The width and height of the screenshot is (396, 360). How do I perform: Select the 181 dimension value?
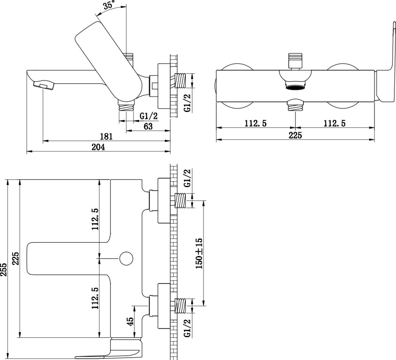click(106, 136)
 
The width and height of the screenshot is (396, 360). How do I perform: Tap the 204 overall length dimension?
click(98, 147)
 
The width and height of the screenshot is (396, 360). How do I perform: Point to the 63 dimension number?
click(148, 126)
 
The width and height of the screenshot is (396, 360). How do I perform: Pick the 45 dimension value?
click(130, 321)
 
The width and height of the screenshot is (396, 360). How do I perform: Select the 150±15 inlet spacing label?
click(199, 253)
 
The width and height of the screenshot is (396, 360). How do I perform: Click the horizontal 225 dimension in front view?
click(295, 135)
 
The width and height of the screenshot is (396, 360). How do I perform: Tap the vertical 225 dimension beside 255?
click(16, 259)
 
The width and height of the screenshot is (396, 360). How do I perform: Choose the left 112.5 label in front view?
click(255, 123)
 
